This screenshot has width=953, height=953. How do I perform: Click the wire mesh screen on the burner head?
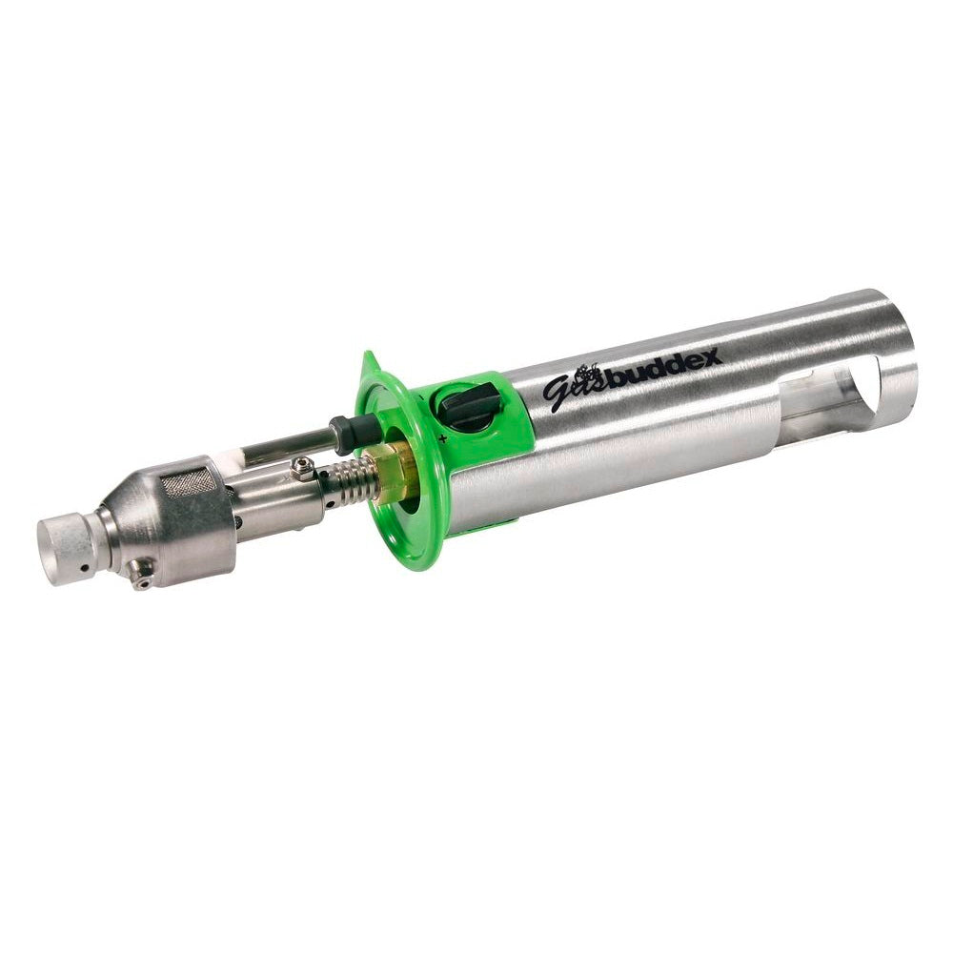tap(191, 482)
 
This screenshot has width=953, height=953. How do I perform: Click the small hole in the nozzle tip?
tap(85, 568)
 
